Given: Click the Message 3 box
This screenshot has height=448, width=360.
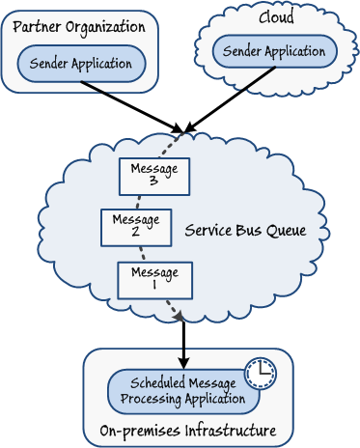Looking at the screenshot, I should click(x=154, y=176).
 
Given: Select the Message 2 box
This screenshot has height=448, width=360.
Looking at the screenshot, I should click(x=136, y=227).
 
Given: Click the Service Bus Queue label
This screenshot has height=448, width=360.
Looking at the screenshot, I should click(x=245, y=231).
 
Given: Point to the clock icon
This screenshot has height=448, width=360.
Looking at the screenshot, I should click(x=260, y=374).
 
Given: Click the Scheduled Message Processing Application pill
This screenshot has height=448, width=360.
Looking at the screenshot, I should click(x=182, y=391).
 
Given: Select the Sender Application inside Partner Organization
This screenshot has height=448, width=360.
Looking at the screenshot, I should click(x=81, y=64).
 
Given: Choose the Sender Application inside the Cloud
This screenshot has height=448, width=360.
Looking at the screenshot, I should click(x=274, y=51).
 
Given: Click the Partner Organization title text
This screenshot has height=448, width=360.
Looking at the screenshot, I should click(x=79, y=26).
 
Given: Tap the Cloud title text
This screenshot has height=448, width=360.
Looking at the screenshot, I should click(x=276, y=17).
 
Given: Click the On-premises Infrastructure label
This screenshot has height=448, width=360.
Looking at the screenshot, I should click(x=187, y=431).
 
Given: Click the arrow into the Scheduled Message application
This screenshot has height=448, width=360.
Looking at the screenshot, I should click(x=183, y=344).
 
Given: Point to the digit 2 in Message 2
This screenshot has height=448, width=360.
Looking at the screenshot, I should click(x=136, y=233).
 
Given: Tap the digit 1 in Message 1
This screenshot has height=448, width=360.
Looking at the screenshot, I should click(x=154, y=286).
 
